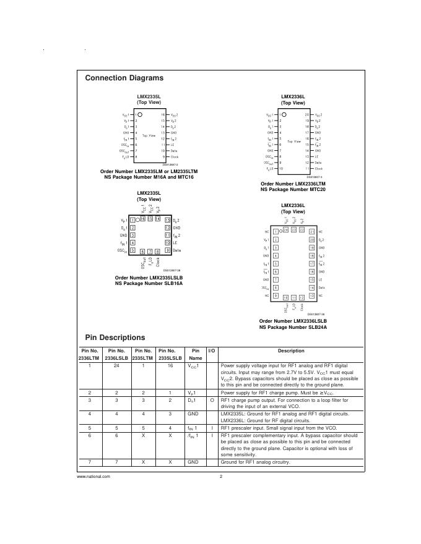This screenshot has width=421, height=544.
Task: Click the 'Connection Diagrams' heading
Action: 124,79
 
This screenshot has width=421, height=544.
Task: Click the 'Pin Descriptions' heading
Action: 115,338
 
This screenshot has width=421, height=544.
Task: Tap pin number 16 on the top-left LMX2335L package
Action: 163,115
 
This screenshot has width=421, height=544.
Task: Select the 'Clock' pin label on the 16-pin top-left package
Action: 174,157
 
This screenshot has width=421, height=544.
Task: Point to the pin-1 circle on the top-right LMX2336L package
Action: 285,115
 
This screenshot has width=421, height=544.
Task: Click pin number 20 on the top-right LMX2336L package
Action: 306,115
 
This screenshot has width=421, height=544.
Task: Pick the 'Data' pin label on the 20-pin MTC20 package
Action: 318,163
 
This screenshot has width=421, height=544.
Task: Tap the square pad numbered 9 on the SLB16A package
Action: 168,250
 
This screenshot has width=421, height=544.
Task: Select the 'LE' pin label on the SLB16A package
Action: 175,242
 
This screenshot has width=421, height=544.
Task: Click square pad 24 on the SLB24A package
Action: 285,230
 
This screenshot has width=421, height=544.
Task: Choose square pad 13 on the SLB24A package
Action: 311,296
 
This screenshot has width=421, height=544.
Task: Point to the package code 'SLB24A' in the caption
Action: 316,326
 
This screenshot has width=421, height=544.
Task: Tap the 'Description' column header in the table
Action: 291,351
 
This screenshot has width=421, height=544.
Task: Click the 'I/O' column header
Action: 211,351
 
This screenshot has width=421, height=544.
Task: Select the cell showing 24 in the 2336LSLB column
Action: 116,366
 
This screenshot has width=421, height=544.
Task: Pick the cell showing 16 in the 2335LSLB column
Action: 170,366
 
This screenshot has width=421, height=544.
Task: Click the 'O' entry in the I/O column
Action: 211,401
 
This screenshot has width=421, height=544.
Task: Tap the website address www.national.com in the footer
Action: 93,477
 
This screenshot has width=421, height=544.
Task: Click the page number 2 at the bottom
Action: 220,477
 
